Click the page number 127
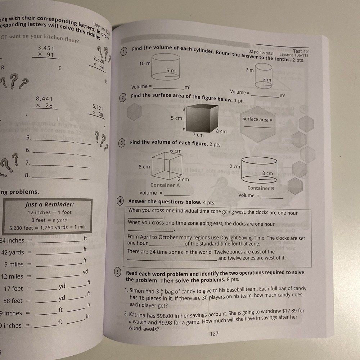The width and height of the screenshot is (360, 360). coord(214,334)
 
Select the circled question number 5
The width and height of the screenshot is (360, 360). coord(117,273)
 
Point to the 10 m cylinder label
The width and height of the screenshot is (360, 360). coord(145,63)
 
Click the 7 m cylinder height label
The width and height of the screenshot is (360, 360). coord(249,70)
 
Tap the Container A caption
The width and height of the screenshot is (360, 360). coord(165,185)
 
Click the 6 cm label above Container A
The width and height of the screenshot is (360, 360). coord(176,151)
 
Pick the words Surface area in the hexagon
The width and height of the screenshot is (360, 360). coord(255,119)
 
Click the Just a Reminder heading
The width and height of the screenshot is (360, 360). coord(49,204)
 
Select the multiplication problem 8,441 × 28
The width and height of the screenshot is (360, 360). coord(44,102)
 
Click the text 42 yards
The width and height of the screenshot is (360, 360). coord(13,252)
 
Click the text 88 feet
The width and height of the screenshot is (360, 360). coord(13,301)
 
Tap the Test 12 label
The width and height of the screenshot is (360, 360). coord(301,51)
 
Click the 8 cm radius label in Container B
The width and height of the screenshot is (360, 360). coord(267,174)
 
